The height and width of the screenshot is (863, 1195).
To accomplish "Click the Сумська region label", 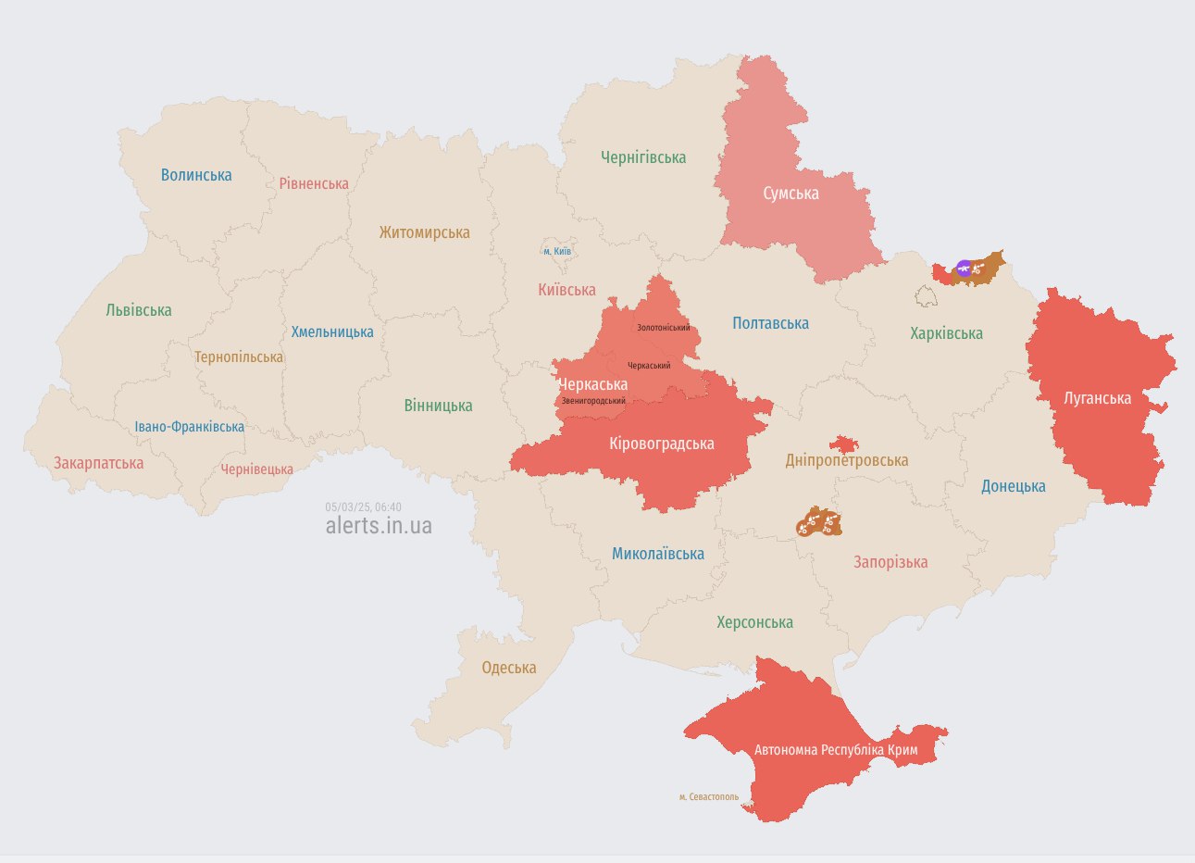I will tap(790, 194).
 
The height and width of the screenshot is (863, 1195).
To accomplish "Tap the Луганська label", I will tap(1097, 398).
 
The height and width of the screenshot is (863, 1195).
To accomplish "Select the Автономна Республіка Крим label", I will tap(836, 749).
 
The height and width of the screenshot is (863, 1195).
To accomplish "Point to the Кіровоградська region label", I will tap(661, 444).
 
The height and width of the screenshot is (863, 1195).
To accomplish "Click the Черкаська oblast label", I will tap(592, 384).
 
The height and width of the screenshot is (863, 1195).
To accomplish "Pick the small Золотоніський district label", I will tap(663, 328).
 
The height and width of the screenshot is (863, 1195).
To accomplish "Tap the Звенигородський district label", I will tap(593, 401).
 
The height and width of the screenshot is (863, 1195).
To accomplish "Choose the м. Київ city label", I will tap(556, 251).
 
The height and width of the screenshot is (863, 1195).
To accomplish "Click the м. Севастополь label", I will tap(708, 796).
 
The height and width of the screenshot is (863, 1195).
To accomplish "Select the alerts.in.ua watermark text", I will tap(379, 526).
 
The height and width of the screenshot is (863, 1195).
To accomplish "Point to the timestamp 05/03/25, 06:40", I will tap(363, 507).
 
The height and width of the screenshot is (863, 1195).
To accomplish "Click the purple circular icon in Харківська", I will tap(964, 269).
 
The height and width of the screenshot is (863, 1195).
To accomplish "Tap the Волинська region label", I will tap(196, 175).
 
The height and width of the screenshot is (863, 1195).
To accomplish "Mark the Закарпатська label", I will tap(98, 463).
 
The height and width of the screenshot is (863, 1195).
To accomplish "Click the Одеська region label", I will tap(508, 668).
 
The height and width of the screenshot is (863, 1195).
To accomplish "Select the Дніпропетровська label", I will tap(846, 460).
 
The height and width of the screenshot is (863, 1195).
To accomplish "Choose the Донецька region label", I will tap(1013, 486).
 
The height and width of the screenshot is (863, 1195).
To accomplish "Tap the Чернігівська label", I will tap(643, 157).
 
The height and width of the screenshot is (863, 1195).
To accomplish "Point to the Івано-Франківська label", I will tap(189, 427).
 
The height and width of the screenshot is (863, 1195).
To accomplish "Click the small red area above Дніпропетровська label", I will tap(842, 444).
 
